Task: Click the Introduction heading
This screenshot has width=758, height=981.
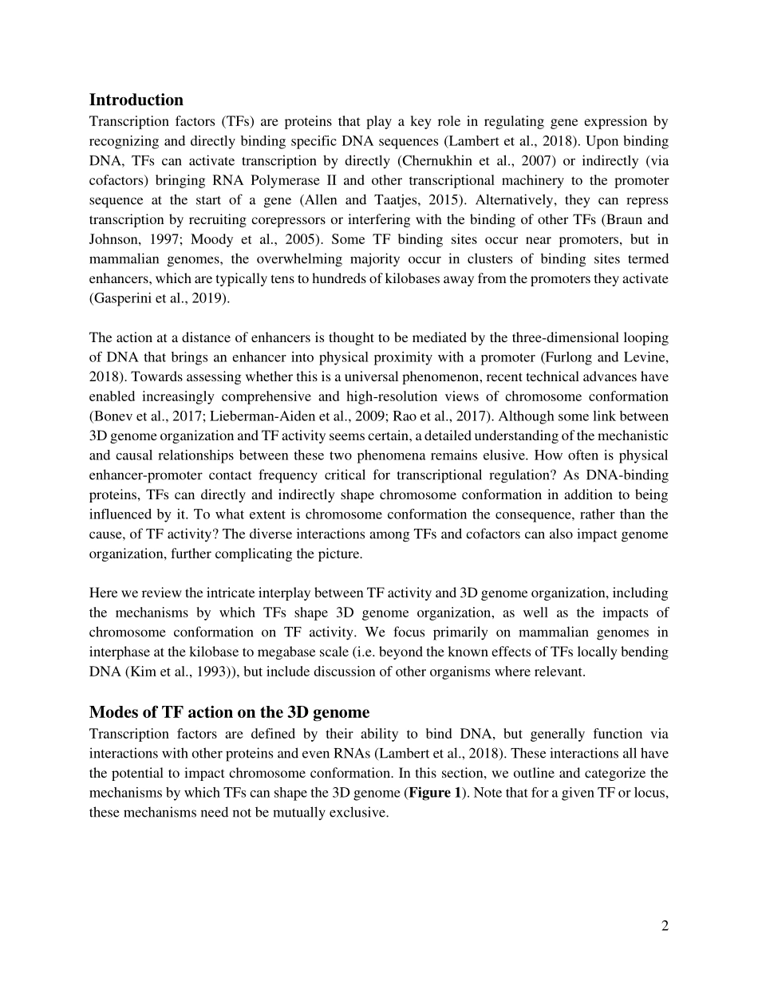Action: click(136, 100)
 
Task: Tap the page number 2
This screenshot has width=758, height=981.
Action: click(664, 925)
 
